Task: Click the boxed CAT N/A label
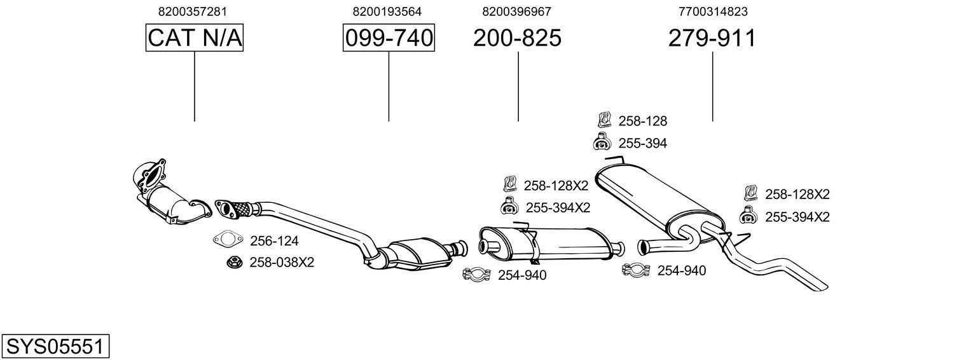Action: (x=195, y=39)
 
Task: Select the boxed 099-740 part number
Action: (x=389, y=39)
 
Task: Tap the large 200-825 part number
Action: (x=517, y=39)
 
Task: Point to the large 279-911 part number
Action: (x=712, y=39)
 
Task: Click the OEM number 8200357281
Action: (x=192, y=11)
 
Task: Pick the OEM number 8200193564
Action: (x=387, y=11)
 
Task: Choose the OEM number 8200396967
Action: (x=516, y=11)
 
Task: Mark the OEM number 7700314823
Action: (x=713, y=11)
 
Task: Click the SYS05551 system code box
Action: (x=55, y=347)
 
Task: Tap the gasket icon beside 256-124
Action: (x=228, y=240)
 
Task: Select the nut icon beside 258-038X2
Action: (x=233, y=261)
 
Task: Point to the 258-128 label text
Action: (x=642, y=121)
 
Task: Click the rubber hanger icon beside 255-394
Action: (x=602, y=142)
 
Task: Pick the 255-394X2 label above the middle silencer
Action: (x=557, y=207)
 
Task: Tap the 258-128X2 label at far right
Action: (x=797, y=195)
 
